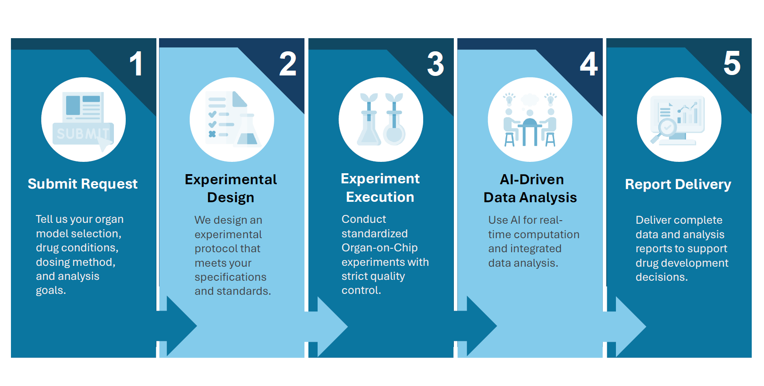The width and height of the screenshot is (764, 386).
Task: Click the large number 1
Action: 136,64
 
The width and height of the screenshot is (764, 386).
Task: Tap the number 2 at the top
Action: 288,64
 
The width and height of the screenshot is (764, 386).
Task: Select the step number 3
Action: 435,64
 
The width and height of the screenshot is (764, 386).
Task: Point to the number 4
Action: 589,64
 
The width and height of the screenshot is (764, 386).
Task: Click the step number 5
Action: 732,64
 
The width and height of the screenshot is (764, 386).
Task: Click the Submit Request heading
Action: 83,184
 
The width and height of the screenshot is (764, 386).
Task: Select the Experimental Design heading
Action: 231,188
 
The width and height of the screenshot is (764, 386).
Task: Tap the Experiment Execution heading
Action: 380,188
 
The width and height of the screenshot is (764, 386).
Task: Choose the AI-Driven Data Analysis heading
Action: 530,188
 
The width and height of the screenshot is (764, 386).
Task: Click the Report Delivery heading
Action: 678,184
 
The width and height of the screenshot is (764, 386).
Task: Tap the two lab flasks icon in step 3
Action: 381,119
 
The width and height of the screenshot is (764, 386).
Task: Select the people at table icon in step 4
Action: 530,119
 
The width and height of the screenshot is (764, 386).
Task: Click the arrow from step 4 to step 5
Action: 626,326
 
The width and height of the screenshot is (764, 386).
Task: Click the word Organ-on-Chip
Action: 380,248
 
